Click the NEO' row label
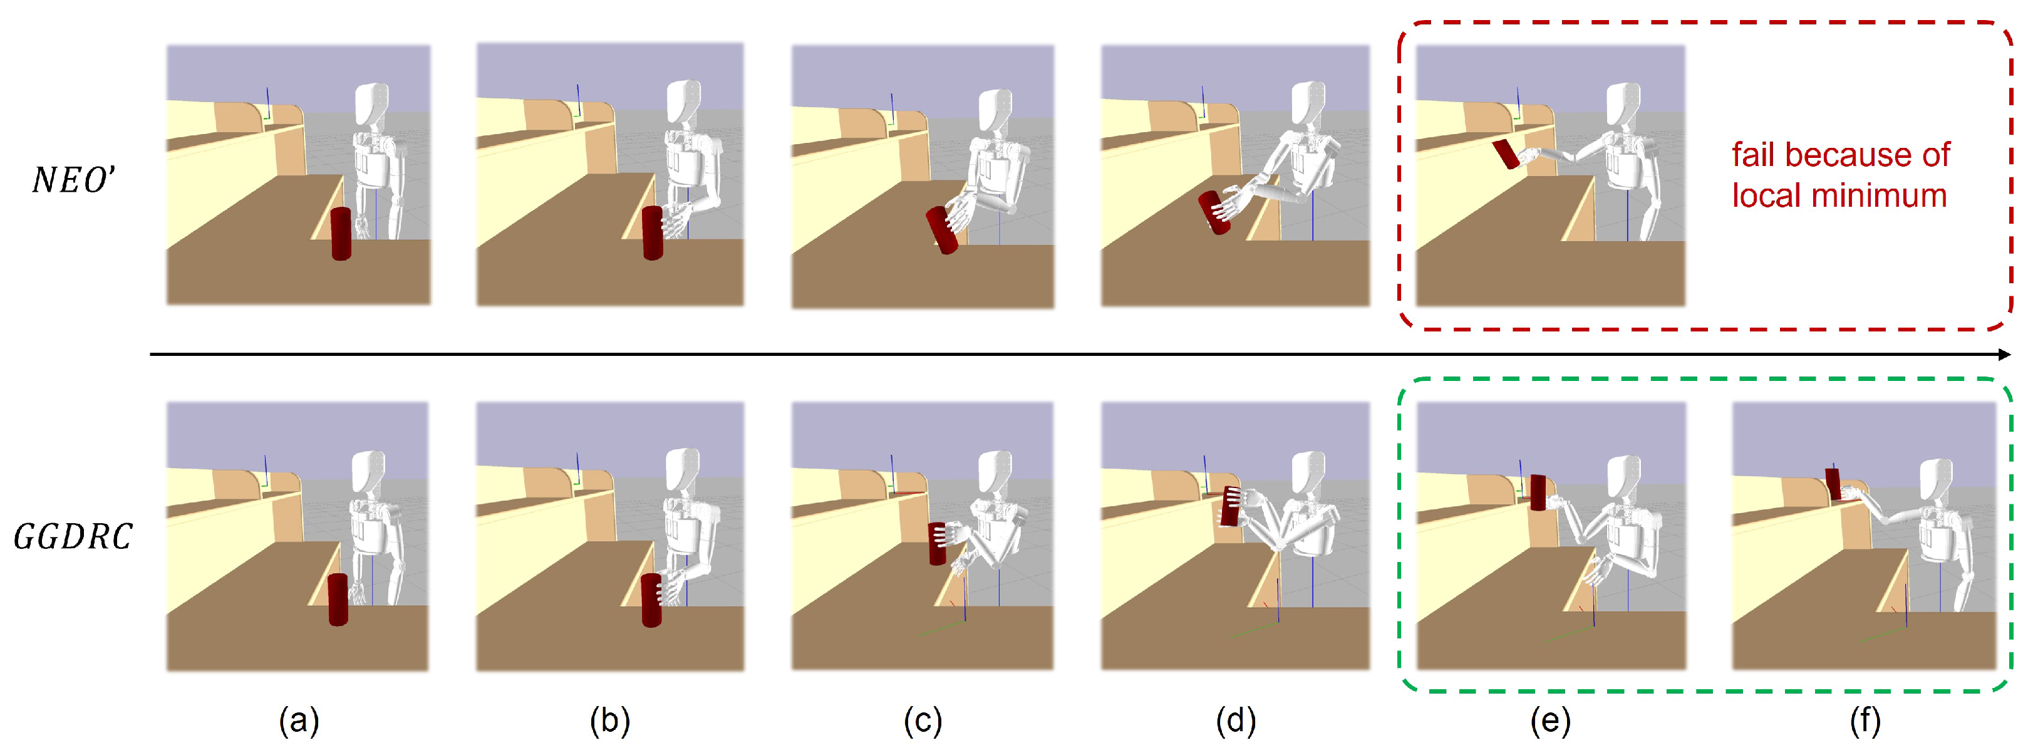[73, 180]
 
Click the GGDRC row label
[73, 537]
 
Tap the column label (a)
[298, 721]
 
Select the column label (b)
[609, 721]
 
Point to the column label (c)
[922, 721]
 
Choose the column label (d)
[1235, 721]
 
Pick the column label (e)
[1550, 721]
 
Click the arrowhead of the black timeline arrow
[2003, 355]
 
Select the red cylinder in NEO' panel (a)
[340, 234]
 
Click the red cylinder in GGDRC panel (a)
[338, 600]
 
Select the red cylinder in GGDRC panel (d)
[1229, 506]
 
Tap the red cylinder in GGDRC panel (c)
[937, 543]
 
